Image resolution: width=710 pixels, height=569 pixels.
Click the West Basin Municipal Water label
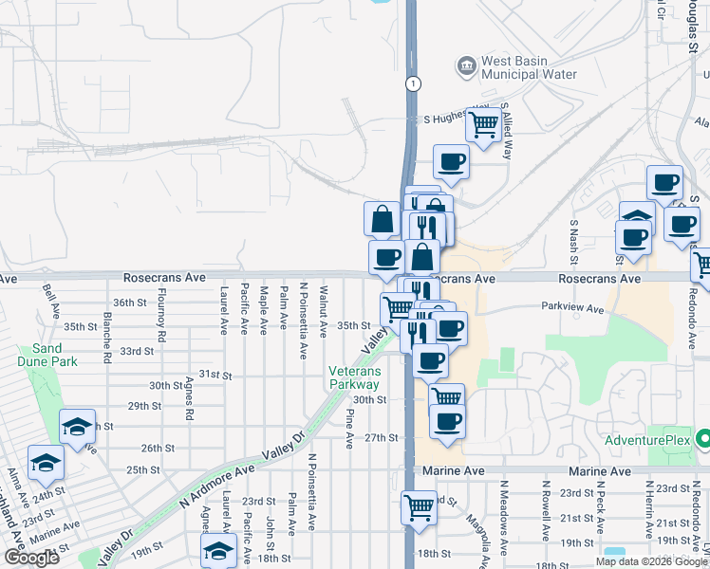tap(515, 68)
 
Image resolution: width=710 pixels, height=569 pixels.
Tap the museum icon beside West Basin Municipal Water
tap(467, 64)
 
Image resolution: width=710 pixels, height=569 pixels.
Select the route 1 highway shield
tap(412, 83)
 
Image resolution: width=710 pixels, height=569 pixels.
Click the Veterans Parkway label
tap(355, 377)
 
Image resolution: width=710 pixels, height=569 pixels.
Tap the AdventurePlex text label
tap(649, 442)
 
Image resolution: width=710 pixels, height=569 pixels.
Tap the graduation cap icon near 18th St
tap(218, 550)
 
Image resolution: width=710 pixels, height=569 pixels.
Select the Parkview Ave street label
tap(572, 308)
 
